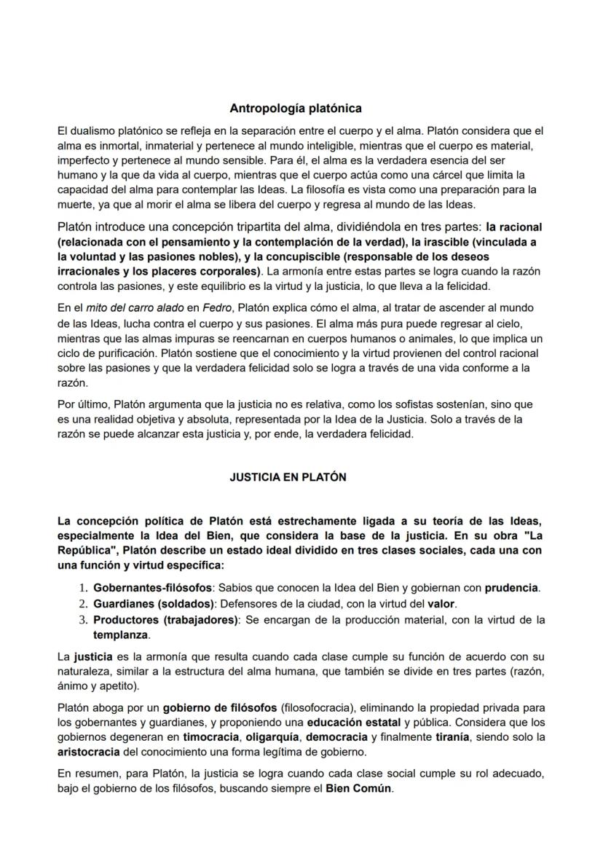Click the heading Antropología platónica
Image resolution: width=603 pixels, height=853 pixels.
click(296, 109)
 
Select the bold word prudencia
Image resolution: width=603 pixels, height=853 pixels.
click(512, 587)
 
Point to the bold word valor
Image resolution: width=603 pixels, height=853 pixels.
click(440, 604)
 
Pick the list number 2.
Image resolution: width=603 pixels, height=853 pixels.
click(82, 604)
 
